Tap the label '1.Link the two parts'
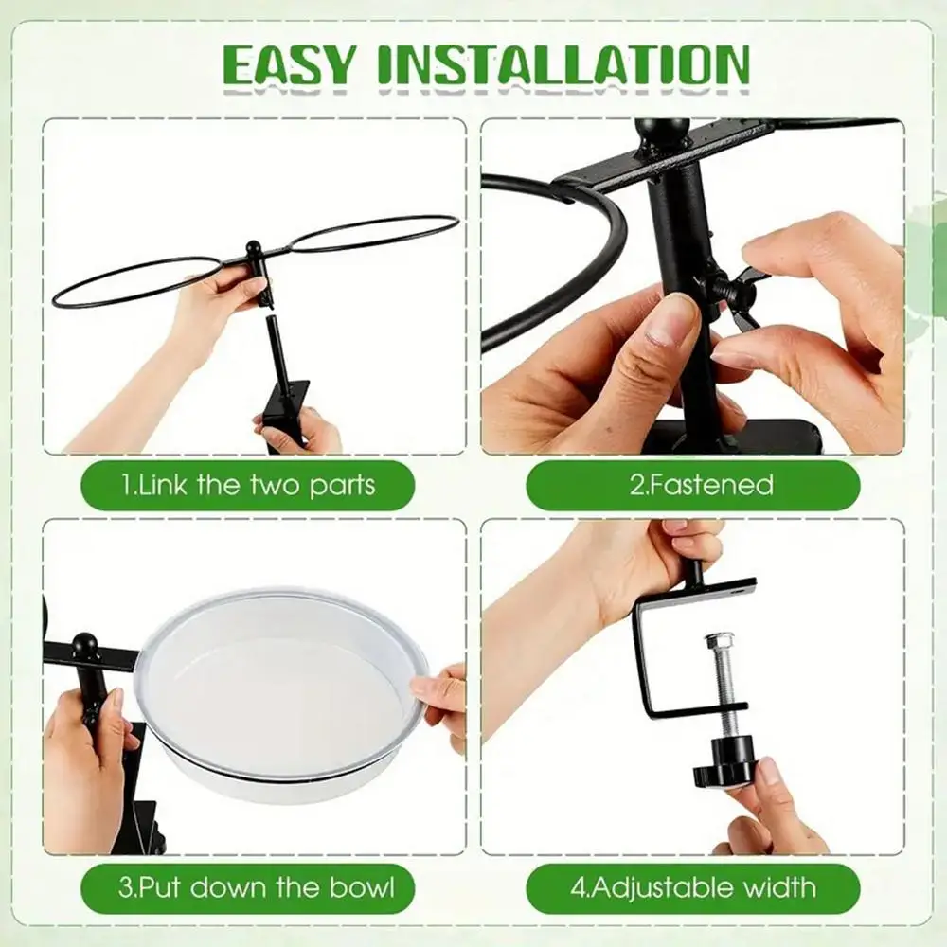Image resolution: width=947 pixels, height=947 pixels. tap(248, 486)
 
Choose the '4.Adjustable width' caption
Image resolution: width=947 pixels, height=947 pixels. tap(693, 888)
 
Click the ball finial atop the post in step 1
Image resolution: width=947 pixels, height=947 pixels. tap(253, 247)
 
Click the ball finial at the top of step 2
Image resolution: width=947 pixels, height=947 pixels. tap(662, 133)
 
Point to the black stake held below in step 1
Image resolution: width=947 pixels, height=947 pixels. tap(284, 386)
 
